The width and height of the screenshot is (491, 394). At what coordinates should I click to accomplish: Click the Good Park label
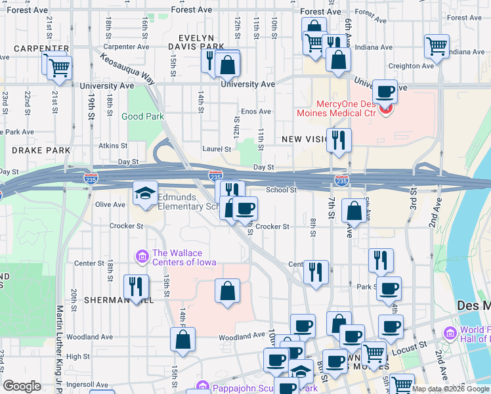pyautogui.click(x=142, y=116)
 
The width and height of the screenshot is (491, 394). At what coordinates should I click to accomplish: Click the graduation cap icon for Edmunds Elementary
pyautogui.click(x=145, y=193)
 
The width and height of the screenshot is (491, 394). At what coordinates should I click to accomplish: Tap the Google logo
pyautogui.click(x=22, y=386)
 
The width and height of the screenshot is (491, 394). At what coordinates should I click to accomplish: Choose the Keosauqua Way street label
pyautogui.click(x=129, y=68)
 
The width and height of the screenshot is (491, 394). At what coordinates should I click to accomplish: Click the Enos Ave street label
pyautogui.click(x=256, y=112)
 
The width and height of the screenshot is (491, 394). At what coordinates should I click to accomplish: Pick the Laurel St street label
pyautogui.click(x=216, y=149)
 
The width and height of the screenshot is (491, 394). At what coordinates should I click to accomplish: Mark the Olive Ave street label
pyautogui.click(x=110, y=205)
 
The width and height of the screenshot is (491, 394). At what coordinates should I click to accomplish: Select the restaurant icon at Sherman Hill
pyautogui.click(x=136, y=286)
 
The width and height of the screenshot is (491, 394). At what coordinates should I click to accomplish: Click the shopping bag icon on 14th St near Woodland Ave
pyautogui.click(x=182, y=339)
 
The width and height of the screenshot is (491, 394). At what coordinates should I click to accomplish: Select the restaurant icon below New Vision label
pyautogui.click(x=339, y=140)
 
